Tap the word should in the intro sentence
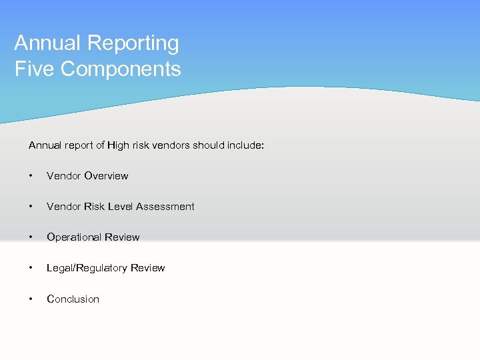(208, 145)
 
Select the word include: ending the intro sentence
(246, 145)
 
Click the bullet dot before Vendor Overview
(31, 176)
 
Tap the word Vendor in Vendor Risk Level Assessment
(63, 207)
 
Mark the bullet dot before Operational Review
(31, 237)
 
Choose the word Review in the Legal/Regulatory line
(148, 268)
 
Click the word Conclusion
(73, 299)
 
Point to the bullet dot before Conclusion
(31, 299)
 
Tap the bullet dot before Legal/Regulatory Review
(31, 268)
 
